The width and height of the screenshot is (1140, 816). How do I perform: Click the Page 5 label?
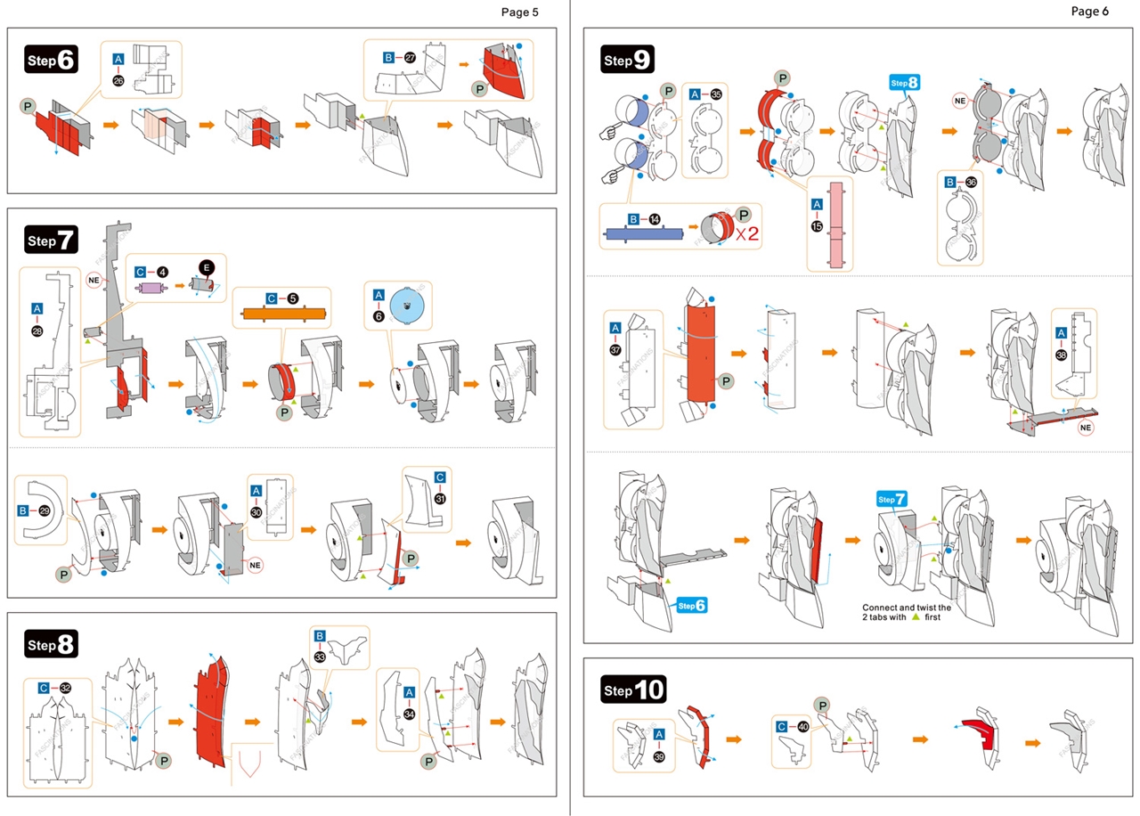[520, 12]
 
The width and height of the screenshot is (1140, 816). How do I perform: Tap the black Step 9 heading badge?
[629, 60]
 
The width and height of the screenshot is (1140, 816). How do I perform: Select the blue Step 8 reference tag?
[903, 83]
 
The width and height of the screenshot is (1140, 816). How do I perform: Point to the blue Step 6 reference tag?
[692, 606]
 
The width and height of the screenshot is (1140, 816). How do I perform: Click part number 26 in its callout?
[118, 80]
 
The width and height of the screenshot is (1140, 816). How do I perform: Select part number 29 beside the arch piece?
[45, 510]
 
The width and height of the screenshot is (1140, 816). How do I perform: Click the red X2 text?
[747, 233]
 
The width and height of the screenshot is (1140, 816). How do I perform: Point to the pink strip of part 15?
[835, 224]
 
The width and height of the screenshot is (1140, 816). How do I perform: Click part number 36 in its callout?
[971, 182]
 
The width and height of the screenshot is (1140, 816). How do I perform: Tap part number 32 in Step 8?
[65, 688]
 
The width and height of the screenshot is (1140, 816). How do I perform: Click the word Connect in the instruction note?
[883, 607]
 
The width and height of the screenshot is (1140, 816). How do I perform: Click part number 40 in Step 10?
[804, 727]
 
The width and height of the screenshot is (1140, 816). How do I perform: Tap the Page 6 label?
[1090, 12]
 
